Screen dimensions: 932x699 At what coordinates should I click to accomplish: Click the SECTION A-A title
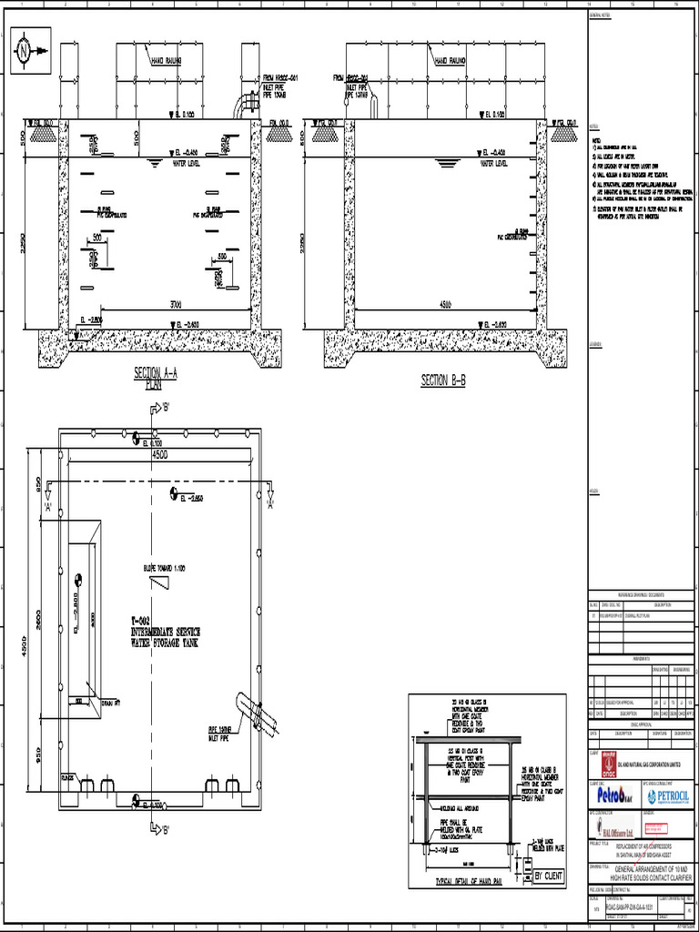pyautogui.click(x=156, y=373)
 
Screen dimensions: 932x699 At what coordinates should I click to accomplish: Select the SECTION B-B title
pyautogui.click(x=443, y=380)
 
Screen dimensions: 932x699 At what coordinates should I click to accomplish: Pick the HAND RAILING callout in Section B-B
pyautogui.click(x=451, y=61)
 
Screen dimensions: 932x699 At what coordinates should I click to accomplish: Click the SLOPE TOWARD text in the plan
pyautogui.click(x=164, y=568)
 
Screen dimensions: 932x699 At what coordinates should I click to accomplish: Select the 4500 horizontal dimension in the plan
pyautogui.click(x=159, y=453)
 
